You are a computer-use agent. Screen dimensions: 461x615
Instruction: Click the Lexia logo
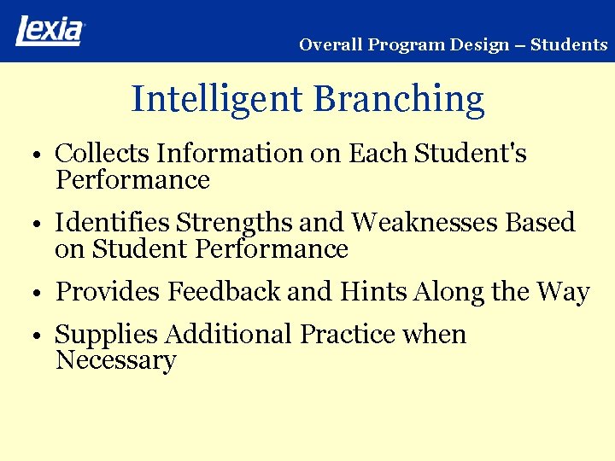tap(50, 31)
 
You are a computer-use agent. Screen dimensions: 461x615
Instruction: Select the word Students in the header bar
tap(569, 45)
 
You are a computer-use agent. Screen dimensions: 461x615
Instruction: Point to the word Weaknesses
tap(425, 223)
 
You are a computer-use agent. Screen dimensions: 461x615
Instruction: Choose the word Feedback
tap(225, 292)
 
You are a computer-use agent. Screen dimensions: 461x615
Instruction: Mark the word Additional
tap(228, 335)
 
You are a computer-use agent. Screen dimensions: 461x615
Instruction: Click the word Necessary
tap(115, 361)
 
